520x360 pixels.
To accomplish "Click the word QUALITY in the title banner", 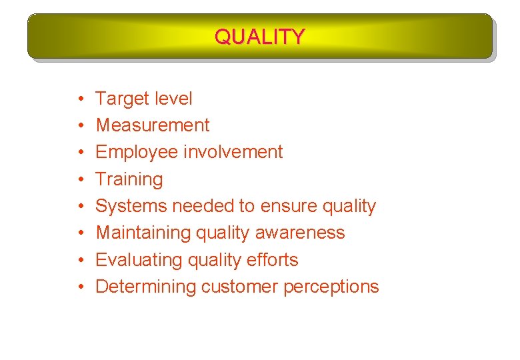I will pos(259,36).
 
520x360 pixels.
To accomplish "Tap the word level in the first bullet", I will pos(173,99).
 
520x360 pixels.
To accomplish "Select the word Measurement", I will pos(153,125).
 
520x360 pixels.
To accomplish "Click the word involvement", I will pos(233,152).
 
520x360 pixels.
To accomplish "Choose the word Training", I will pos(129,179).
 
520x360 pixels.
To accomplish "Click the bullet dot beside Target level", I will pos(79,99).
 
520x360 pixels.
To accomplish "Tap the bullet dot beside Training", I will pos(79,180).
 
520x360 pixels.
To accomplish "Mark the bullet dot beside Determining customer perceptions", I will pos(79,287).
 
